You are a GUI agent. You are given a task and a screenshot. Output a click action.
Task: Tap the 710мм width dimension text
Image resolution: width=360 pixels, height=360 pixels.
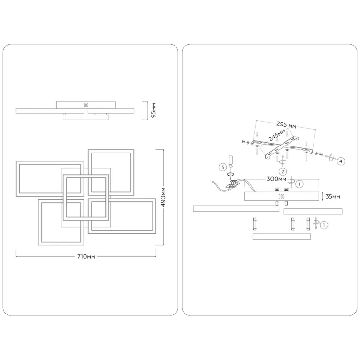pos(86,257)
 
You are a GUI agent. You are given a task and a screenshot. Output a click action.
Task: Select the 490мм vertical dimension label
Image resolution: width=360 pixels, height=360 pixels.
pos(163,197)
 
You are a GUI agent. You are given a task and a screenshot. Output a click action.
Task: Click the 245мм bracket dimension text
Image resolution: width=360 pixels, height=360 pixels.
pos(276,138)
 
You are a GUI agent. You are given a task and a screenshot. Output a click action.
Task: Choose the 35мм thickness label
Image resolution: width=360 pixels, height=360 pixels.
pos(333,197)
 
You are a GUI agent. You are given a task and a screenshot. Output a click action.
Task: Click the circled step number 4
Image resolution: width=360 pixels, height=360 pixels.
pos(341,161)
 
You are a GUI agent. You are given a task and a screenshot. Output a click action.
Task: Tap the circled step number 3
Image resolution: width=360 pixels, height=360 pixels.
pos(222,167)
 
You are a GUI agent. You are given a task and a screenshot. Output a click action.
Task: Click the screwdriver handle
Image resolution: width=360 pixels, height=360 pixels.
pos(230,161)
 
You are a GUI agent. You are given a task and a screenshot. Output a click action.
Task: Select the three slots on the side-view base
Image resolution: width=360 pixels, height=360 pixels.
pos(86,105)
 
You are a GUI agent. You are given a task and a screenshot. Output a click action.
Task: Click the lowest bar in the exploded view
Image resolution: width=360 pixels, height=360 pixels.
pos(281,237)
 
